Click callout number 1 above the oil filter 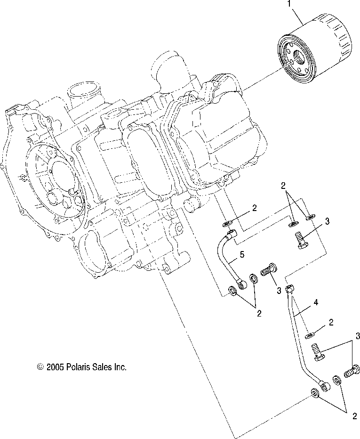coord(290,6)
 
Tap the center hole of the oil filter coord(294,63)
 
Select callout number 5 coord(242,254)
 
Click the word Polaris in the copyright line coord(78,367)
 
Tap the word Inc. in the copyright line coord(120,367)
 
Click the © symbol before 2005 coord(40,367)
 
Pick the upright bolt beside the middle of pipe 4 coord(319,352)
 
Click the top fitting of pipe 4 coord(290,289)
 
